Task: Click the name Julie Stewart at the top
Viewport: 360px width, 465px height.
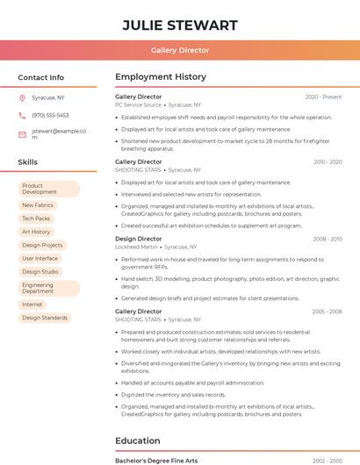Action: coord(180,25)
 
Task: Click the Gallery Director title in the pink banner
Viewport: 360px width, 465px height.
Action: coord(180,51)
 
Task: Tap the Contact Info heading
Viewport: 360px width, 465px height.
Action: coord(41,77)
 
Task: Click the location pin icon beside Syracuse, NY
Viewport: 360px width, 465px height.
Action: coord(22,98)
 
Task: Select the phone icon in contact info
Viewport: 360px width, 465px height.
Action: coord(22,116)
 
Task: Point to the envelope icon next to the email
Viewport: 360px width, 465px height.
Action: coord(22,134)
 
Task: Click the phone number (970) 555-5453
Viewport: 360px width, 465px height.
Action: coord(50,116)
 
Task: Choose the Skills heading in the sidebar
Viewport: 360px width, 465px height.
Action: coord(28,162)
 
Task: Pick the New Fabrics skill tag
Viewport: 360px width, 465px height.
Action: coord(38,205)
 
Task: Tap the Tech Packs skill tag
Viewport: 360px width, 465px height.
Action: coord(36,218)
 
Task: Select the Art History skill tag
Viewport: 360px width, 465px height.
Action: coord(36,232)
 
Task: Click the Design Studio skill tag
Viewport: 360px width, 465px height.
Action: coord(40,272)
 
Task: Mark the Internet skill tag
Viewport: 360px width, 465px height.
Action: coord(32,304)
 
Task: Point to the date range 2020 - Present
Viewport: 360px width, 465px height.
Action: coord(323,97)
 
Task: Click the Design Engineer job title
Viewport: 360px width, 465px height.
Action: coord(138,239)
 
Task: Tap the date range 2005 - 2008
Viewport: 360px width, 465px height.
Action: coord(327,311)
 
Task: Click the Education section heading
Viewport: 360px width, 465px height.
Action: coord(145,440)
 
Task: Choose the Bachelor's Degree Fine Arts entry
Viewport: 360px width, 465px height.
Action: coord(156,461)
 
